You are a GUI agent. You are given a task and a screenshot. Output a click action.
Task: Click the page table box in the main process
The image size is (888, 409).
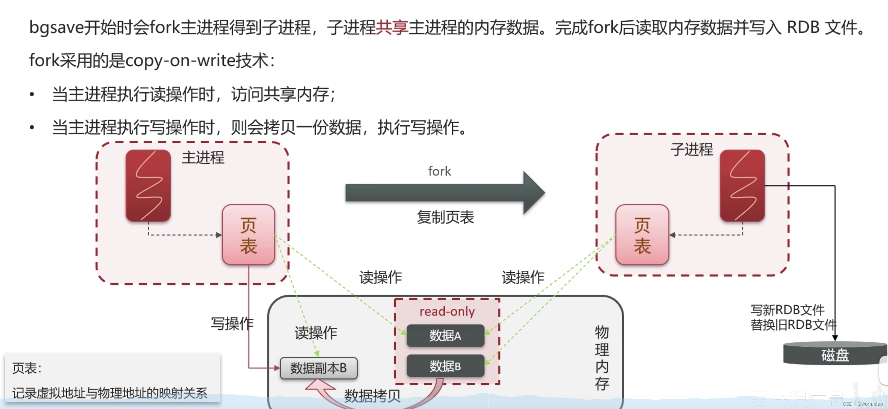(x=248, y=235)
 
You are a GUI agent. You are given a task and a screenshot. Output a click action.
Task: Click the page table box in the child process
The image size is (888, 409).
(x=642, y=235)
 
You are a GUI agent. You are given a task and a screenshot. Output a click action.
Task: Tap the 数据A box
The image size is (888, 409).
(x=445, y=336)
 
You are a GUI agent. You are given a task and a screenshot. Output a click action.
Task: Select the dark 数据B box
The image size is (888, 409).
(x=445, y=366)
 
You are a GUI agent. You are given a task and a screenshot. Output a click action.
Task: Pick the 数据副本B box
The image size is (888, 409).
(x=318, y=368)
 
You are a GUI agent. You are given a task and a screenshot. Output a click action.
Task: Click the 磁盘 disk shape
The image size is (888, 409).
(x=835, y=355)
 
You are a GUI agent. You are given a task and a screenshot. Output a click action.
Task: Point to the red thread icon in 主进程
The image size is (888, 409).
(x=148, y=185)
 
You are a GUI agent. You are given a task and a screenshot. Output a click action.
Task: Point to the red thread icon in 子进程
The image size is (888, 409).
(x=742, y=185)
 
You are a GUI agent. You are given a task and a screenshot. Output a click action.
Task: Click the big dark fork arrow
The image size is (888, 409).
(x=445, y=192)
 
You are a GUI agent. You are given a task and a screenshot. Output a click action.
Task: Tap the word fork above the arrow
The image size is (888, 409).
(x=439, y=171)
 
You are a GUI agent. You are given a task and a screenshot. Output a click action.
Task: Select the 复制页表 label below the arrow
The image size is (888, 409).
(x=445, y=217)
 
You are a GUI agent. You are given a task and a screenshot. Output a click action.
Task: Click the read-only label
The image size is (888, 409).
(x=447, y=312)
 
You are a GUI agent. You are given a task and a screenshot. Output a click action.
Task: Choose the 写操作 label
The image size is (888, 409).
(x=232, y=323)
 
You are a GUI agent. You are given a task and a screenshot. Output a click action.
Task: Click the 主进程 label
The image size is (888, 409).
(x=203, y=158)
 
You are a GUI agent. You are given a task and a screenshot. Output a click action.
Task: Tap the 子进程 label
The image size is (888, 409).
(x=691, y=149)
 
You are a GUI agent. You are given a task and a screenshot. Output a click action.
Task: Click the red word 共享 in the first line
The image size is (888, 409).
(x=392, y=27)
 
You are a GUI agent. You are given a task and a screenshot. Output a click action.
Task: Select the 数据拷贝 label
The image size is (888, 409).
(x=372, y=395)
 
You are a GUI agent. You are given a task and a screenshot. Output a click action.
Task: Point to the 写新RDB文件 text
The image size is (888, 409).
(x=787, y=310)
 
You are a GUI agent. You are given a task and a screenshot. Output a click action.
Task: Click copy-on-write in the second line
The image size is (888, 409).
(x=180, y=61)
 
